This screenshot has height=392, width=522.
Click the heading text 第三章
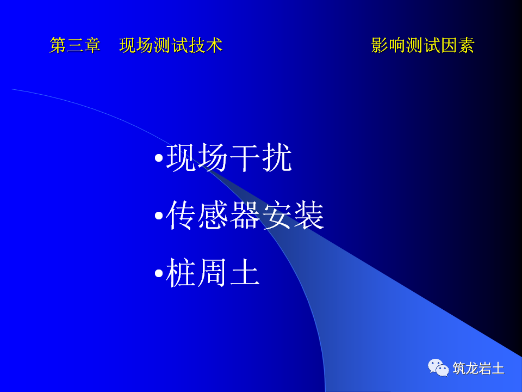point(75,45)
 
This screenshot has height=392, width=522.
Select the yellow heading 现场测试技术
point(171,45)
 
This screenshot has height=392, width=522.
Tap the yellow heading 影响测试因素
point(422,45)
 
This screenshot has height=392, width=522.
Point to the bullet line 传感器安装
point(245,216)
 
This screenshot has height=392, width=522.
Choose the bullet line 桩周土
point(213,273)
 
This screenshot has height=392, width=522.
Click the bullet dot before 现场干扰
point(158,160)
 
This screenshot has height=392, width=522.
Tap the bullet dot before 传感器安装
point(158,216)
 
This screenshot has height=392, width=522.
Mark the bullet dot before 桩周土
point(158,273)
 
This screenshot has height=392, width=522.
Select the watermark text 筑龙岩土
point(478,369)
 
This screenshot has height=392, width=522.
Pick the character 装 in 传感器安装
point(308,216)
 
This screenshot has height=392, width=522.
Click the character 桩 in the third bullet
point(181,273)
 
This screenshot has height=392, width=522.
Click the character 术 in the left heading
point(214,45)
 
